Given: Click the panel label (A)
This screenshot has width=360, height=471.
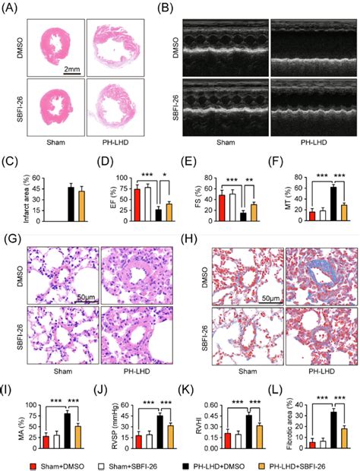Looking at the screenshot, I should (11, 8).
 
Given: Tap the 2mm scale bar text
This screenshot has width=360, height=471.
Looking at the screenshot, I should (71, 69).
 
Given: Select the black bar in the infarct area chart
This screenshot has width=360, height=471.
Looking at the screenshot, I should (71, 204).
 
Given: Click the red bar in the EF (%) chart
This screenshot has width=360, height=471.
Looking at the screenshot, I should (116, 205).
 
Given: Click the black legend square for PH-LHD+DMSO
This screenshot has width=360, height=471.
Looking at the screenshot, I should (193, 462).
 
